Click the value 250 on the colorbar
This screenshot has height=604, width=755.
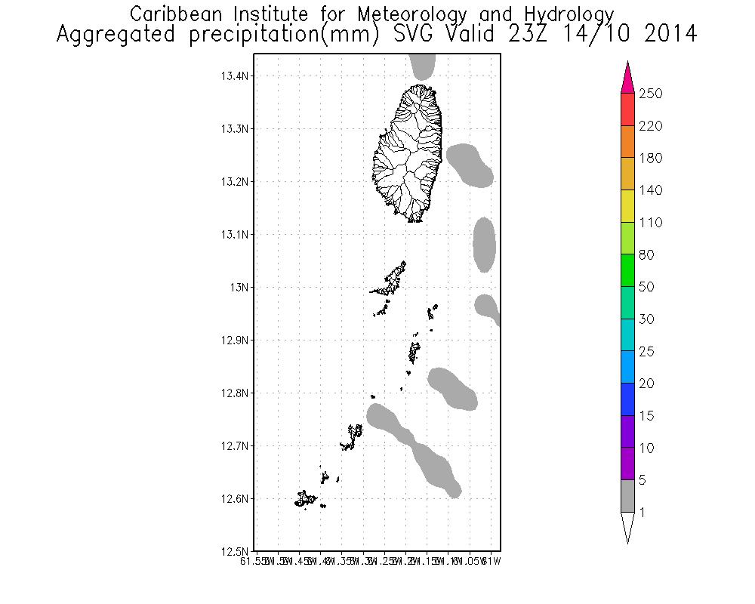pos(649,94)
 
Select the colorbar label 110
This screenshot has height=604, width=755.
pos(649,223)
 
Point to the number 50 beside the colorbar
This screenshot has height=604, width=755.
pos(646,287)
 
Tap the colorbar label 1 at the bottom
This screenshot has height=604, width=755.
pos(641,513)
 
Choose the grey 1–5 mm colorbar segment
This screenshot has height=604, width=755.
pos(627,496)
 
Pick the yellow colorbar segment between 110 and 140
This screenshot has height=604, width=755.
pos(627,206)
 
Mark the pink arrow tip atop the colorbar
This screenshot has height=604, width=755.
pos(627,75)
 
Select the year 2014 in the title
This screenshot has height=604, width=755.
pos(670,34)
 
